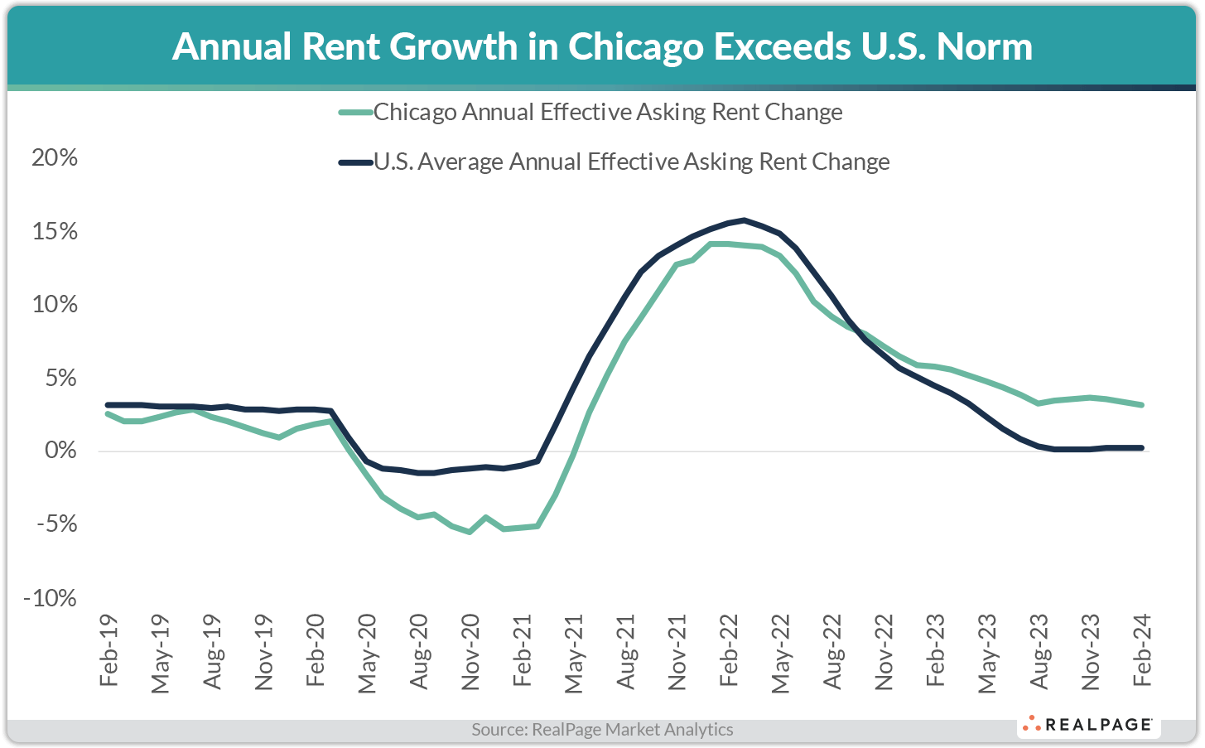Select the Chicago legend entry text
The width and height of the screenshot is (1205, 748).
point(607,113)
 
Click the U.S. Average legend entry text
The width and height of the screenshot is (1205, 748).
point(631,162)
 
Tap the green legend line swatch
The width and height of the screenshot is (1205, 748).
point(355,113)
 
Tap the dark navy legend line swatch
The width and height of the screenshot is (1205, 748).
point(355,162)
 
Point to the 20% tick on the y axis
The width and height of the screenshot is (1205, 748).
point(55,157)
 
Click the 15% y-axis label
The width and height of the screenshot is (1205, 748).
point(55,231)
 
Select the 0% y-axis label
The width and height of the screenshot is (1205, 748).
point(60,451)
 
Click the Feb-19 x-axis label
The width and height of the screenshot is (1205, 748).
point(108,651)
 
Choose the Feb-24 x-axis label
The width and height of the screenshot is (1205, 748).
point(1142,651)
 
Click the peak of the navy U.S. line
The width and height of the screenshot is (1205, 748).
point(745,220)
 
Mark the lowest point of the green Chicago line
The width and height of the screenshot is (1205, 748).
point(470,532)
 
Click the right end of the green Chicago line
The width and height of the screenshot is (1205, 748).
point(1143,405)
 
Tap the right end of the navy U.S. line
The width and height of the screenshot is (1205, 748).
point(1143,448)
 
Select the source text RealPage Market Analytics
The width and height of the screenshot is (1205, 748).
point(602,730)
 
